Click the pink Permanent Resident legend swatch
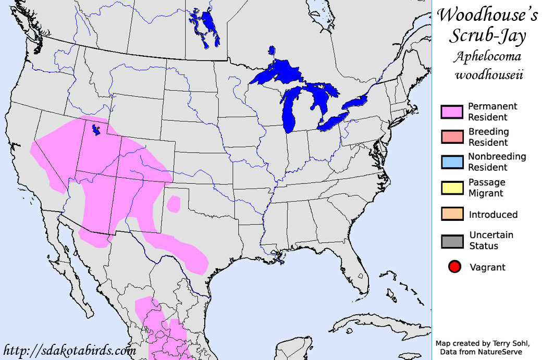tap(452, 111)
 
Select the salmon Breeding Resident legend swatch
tap(452, 137)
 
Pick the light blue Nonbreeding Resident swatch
tap(452, 162)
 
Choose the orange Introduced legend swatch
tap(452, 215)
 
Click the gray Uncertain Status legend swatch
tap(452, 241)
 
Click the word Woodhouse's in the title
tap(487, 15)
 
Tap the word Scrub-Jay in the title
tap(487, 36)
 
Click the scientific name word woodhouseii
tap(487, 75)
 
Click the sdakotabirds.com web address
tap(69, 350)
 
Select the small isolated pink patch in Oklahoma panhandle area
tap(174, 204)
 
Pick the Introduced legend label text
tap(493, 215)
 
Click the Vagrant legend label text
tap(487, 268)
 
